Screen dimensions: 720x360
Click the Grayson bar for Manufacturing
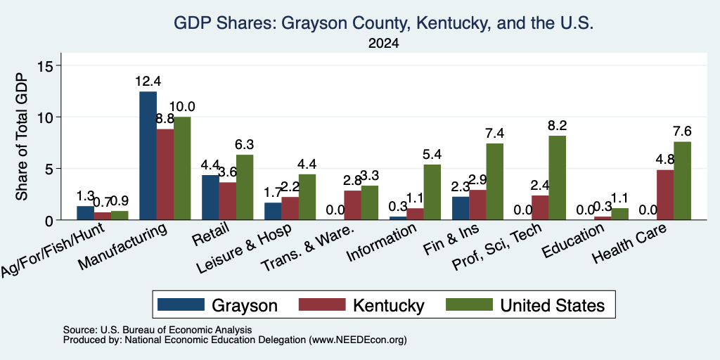tap(148, 155)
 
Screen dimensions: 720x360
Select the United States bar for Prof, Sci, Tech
tap(557, 178)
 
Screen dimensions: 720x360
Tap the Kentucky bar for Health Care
tap(665, 195)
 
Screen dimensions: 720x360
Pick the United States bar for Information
tap(432, 192)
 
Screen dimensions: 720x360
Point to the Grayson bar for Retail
tap(210, 198)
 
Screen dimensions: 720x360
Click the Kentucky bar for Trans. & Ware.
tap(353, 205)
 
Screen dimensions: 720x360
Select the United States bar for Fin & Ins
tap(494, 182)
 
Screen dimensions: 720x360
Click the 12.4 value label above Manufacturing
tap(148, 82)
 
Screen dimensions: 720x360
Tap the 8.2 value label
tap(558, 125)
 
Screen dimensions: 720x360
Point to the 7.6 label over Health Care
tap(682, 131)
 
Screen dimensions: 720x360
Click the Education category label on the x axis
tap(572, 242)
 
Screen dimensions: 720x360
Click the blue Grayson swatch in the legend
tap(181, 304)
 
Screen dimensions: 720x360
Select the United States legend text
tap(553, 305)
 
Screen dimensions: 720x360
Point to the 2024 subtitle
tap(383, 44)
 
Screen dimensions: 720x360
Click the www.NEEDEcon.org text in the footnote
tap(358, 340)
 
